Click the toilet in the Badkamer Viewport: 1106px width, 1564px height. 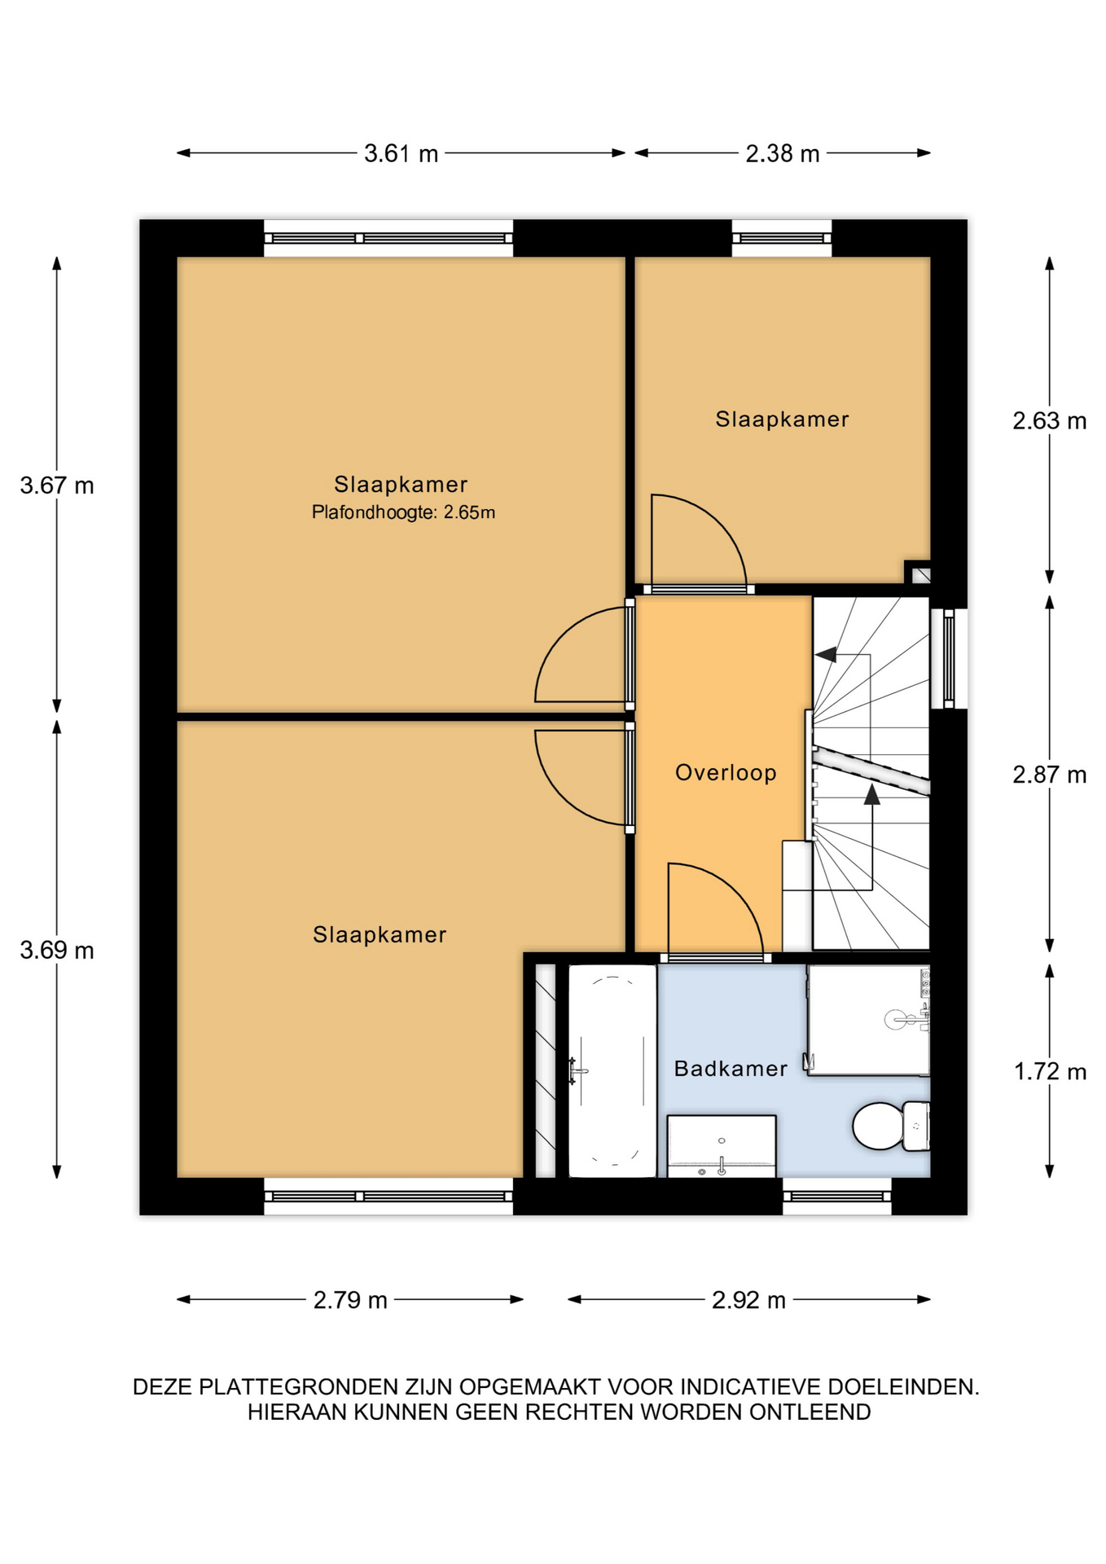(891, 1125)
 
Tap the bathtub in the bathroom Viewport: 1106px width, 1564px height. (612, 1070)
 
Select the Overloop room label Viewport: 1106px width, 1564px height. (726, 772)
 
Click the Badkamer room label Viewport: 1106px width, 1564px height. (731, 1068)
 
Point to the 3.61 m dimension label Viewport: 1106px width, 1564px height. (401, 153)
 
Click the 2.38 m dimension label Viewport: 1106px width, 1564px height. (782, 153)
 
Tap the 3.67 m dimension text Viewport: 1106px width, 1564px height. (57, 485)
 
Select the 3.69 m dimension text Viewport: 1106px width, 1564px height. (57, 950)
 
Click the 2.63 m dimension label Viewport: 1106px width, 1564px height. (1049, 420)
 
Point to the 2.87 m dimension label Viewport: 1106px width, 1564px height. (1049, 775)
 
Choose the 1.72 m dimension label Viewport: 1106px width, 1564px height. (1050, 1071)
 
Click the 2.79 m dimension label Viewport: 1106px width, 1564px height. (350, 1299)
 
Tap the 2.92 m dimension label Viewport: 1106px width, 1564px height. (748, 1299)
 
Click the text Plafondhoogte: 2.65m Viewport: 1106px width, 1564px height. (403, 512)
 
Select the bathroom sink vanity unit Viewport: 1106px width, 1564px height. (722, 1146)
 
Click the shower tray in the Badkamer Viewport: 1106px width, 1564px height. (868, 1020)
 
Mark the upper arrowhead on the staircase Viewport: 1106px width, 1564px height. (826, 654)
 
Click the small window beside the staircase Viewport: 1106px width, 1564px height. (949, 658)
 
